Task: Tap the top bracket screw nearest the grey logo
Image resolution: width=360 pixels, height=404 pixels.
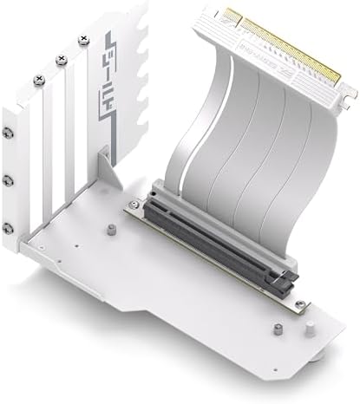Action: (82, 39)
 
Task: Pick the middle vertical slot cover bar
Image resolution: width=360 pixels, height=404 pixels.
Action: (52, 165)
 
